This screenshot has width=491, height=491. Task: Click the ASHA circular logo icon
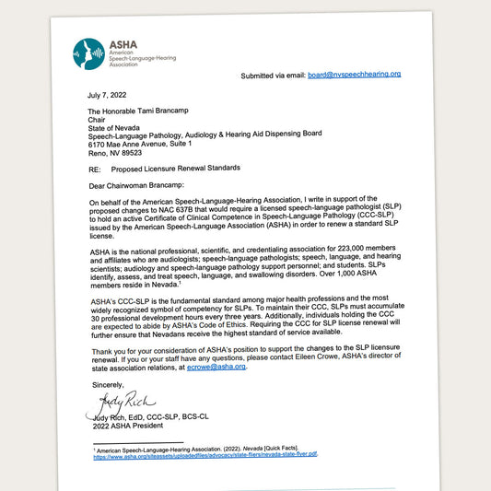point(89,53)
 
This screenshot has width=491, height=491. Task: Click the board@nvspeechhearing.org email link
point(353,74)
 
